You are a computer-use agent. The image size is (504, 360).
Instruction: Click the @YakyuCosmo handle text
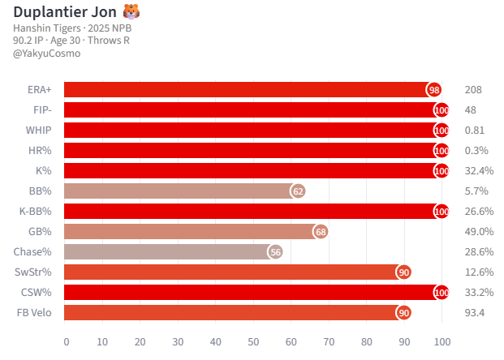tap(47, 54)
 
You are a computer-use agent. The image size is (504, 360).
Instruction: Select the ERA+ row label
tap(39, 90)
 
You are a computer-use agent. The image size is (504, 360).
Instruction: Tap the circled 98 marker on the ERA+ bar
tap(434, 90)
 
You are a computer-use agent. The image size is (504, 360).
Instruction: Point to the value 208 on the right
tap(474, 90)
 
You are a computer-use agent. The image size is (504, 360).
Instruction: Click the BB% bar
tap(179, 191)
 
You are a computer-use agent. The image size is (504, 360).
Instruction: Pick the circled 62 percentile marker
tap(298, 191)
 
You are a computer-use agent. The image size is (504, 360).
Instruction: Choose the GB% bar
tap(191, 232)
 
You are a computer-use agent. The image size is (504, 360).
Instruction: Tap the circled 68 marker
tap(321, 232)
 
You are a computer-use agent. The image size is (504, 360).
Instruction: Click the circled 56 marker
tap(275, 252)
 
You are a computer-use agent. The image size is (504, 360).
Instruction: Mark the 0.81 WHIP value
tap(476, 131)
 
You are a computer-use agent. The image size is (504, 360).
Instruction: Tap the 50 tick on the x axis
tap(253, 341)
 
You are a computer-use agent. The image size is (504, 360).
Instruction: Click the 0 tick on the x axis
tap(66, 341)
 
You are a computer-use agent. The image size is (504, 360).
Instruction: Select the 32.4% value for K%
tap(480, 171)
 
